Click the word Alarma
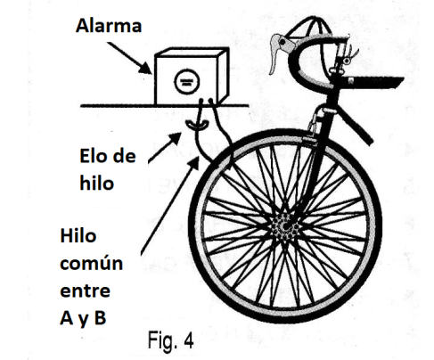click(109, 26)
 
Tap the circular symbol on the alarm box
click(186, 81)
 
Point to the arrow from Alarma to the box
click(130, 58)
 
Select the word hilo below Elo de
click(97, 183)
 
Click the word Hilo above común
click(78, 236)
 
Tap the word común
click(92, 263)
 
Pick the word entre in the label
click(86, 290)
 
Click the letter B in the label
click(100, 317)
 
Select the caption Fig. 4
click(171, 341)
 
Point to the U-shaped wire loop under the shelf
click(196, 126)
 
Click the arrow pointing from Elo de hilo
click(165, 148)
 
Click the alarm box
click(192, 77)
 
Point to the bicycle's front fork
click(315, 167)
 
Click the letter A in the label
click(67, 317)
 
